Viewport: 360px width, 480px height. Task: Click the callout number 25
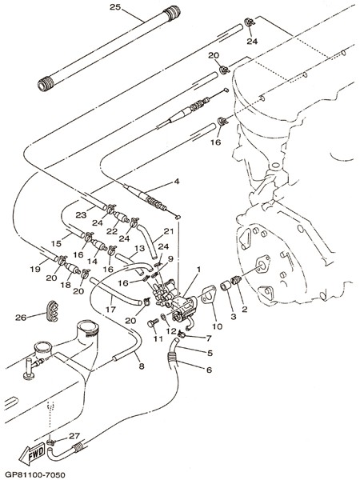pos(115,6)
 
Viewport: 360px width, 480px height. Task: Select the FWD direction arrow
pos(32,453)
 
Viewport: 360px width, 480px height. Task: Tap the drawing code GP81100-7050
pos(34,475)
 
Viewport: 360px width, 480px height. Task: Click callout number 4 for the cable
pos(176,182)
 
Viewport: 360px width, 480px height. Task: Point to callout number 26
pos(21,318)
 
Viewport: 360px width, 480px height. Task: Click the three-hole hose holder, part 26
pos(52,311)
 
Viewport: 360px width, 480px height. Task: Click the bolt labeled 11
pos(153,323)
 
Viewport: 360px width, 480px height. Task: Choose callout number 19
pos(35,269)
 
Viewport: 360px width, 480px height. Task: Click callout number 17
pos(110,309)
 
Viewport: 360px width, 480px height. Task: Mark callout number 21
pos(168,231)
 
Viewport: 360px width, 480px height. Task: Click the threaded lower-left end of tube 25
pos(46,84)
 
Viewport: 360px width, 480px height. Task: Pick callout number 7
pos(209,338)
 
